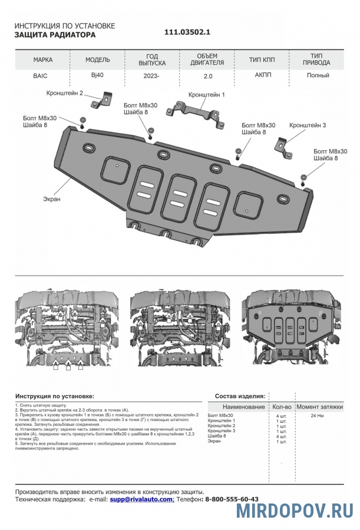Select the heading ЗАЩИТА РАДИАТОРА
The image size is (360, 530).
(55, 35)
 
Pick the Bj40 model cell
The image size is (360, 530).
(97, 75)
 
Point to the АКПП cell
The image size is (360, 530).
(262, 75)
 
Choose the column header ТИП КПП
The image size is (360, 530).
(262, 60)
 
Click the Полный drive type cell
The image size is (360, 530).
(318, 75)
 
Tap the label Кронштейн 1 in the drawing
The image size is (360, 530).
(206, 94)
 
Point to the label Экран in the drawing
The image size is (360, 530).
(51, 199)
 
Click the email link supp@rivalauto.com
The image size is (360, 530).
(141, 499)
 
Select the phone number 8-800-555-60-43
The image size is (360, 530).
(232, 499)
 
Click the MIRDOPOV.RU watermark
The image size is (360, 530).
(295, 511)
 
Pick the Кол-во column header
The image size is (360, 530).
(281, 407)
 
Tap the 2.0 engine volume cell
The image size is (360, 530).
(207, 76)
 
